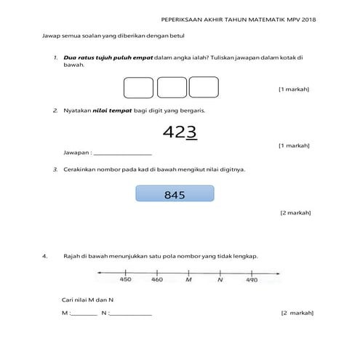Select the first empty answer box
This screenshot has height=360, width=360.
[138, 87]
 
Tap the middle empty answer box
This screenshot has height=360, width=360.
[172, 87]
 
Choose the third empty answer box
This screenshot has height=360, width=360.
[204, 87]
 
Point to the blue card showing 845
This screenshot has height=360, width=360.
[175, 194]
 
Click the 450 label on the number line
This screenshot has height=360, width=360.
[125, 279]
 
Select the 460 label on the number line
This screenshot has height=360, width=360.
[157, 279]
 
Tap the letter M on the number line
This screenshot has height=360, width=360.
[188, 279]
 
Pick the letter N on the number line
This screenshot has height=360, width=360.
[220, 279]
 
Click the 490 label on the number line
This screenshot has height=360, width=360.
[252, 279]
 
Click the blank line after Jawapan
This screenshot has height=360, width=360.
[123, 153]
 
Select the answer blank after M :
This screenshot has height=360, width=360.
[84, 313]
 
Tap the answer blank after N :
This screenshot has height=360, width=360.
[131, 313]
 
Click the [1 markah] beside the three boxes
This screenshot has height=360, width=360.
[294, 89]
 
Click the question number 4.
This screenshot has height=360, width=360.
[45, 256]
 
